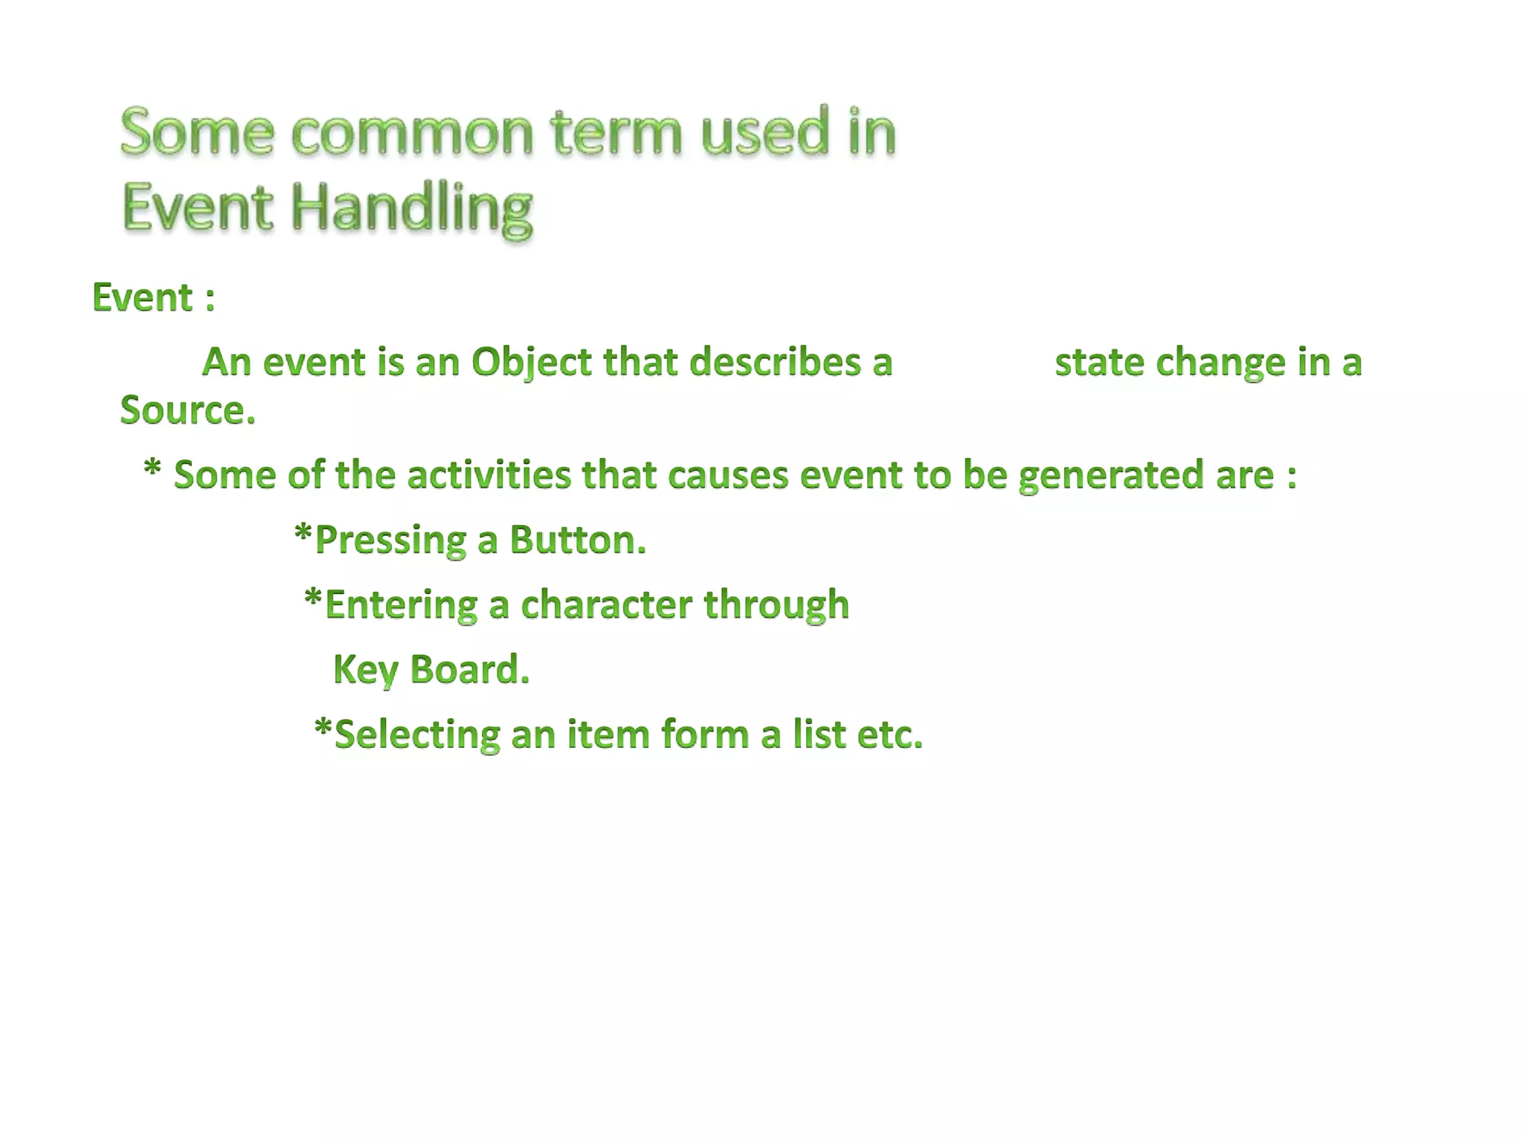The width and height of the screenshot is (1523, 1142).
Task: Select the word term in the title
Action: [x=616, y=132]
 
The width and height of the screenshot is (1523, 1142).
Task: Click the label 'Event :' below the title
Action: [x=153, y=298]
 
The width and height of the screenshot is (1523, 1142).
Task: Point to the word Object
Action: [x=531, y=363]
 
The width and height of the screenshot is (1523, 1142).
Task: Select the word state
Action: [x=1099, y=363]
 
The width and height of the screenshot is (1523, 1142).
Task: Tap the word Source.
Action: [x=187, y=410]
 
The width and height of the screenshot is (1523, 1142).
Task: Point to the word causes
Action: [x=727, y=476]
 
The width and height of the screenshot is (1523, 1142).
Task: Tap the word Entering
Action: [x=401, y=604]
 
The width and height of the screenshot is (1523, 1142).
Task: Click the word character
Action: [x=606, y=604]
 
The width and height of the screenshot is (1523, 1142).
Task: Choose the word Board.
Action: [x=469, y=669]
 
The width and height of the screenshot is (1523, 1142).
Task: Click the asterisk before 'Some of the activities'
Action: [x=152, y=469]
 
